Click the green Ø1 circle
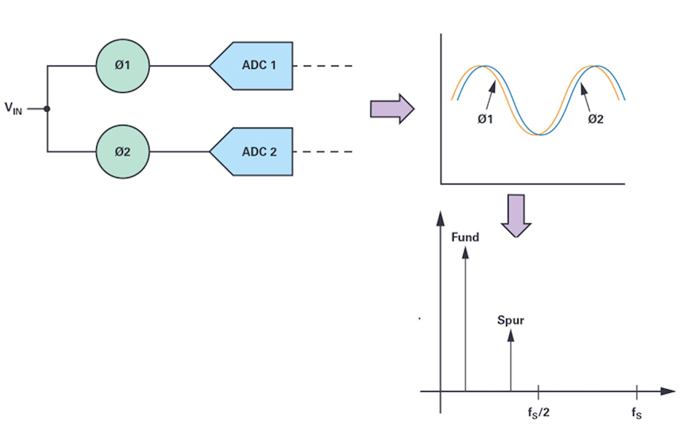(122, 65)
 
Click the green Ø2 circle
(122, 152)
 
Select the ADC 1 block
(256, 65)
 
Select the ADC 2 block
(256, 152)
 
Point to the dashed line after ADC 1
(327, 65)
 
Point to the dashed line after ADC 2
(327, 152)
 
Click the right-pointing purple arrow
(392, 108)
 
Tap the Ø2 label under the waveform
(595, 120)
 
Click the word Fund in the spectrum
(465, 237)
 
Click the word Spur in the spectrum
(511, 320)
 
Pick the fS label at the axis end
(637, 412)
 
